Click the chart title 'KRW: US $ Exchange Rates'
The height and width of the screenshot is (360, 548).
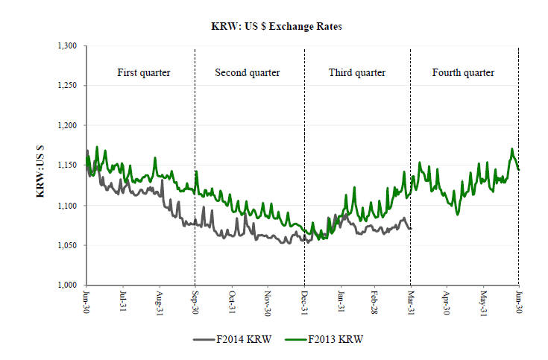275,26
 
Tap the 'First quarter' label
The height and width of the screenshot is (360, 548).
144,73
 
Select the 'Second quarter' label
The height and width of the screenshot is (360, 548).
248,73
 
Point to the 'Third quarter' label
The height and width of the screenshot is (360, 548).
357,73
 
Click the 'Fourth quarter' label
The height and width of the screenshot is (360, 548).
463,73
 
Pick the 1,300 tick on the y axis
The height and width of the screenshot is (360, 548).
67,46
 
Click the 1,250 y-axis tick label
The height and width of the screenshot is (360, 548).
67,86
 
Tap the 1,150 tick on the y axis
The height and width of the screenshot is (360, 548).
67,165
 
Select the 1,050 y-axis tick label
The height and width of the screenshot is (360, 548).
67,245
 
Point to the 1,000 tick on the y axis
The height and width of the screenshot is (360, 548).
67,285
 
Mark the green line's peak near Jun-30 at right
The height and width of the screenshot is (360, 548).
512,149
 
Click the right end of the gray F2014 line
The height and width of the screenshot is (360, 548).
410,228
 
